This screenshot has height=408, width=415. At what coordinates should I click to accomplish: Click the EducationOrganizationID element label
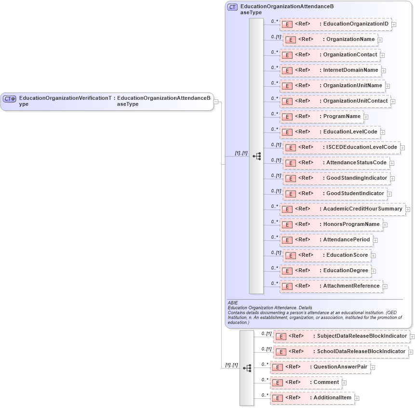click(x=356, y=24)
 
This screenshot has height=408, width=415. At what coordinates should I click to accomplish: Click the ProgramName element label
click(x=342, y=116)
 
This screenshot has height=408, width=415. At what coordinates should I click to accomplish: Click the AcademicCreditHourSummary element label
click(x=362, y=209)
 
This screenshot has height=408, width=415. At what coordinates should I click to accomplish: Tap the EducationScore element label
click(x=347, y=255)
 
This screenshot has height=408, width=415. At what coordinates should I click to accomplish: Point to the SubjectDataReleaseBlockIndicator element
click(x=340, y=336)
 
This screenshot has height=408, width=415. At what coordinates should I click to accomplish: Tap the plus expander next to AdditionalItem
click(x=357, y=398)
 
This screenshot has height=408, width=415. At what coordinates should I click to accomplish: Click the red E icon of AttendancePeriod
click(x=287, y=240)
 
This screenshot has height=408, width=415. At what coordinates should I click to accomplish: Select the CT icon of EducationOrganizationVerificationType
click(x=10, y=99)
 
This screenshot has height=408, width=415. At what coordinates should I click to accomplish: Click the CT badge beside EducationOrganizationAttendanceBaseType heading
click(x=233, y=7)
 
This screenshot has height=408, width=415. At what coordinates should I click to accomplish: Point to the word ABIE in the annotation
click(x=233, y=303)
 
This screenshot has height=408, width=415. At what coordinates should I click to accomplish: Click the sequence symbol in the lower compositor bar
click(x=247, y=368)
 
